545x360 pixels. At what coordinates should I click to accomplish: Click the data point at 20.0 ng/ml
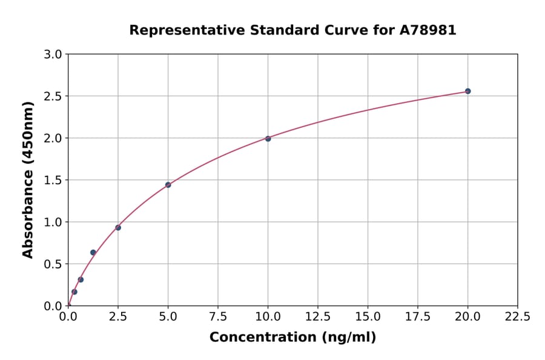coord(467,91)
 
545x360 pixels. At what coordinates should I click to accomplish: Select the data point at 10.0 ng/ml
coord(268,138)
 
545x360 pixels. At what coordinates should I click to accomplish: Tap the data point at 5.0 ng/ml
coord(168,185)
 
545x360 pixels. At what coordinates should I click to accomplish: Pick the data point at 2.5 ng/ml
coord(118,227)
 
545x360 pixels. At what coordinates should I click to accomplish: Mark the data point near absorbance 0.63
coord(93,252)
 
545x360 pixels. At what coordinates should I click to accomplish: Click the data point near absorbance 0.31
coord(81,279)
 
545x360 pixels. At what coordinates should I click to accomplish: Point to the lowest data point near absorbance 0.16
coord(74,292)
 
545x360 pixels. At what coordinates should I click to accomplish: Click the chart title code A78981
coord(428,30)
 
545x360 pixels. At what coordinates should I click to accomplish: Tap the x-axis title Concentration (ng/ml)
coord(292,338)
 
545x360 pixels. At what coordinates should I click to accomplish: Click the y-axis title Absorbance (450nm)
coord(28,179)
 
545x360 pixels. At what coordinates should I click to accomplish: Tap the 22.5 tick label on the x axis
coord(517,316)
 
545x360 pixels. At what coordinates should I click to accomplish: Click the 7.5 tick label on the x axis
coord(218,316)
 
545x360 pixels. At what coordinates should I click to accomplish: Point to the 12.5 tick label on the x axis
coord(318,316)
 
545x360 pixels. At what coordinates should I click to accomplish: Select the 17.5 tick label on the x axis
coord(418,316)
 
